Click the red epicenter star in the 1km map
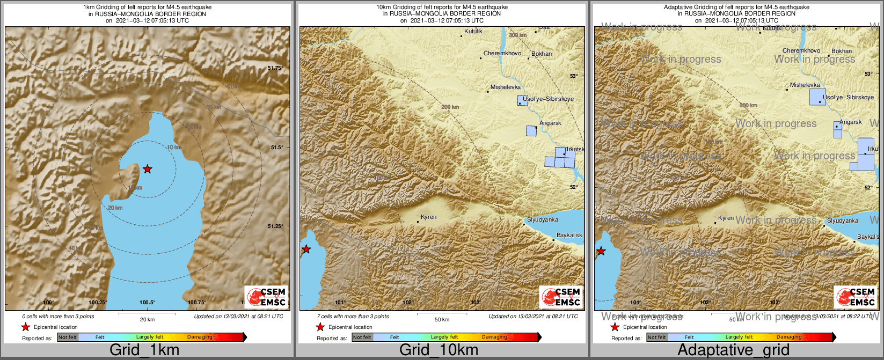point(148,169)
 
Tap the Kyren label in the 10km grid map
point(428,217)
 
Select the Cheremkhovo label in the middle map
point(502,54)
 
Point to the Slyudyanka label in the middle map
point(542,220)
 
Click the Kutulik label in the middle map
point(473,32)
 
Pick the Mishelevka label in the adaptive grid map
point(805,85)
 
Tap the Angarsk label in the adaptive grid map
point(851,122)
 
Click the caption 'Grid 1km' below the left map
point(144,350)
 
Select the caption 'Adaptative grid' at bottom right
point(733,350)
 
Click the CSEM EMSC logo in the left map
point(266,297)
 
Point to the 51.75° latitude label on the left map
point(275,68)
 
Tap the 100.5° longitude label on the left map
point(147,303)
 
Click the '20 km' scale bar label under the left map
point(147,320)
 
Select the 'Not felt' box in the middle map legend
point(362,337)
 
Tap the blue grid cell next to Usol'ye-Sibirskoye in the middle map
point(523,100)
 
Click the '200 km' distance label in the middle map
point(450,107)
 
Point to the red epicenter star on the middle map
point(306,249)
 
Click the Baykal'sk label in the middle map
point(569,236)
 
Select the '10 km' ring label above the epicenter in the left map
point(174,147)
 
